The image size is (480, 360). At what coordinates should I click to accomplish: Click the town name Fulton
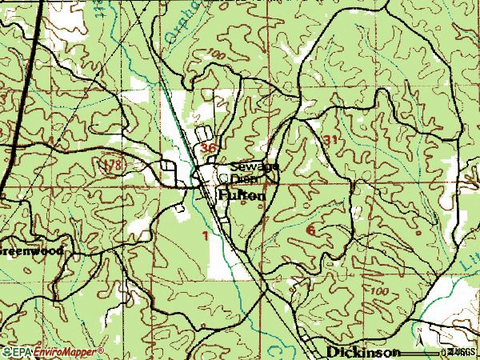point(239,193)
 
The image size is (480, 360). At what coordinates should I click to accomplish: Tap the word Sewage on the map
point(254,166)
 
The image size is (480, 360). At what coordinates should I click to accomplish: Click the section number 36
point(209,149)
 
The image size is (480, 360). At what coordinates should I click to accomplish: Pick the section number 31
point(332,139)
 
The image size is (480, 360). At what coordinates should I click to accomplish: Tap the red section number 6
point(310,230)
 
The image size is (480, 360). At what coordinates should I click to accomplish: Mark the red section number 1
point(206,236)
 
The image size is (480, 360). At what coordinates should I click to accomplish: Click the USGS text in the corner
point(462,352)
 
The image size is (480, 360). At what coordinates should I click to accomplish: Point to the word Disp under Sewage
point(243,178)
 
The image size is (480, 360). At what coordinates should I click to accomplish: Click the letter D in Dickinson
point(332,352)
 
